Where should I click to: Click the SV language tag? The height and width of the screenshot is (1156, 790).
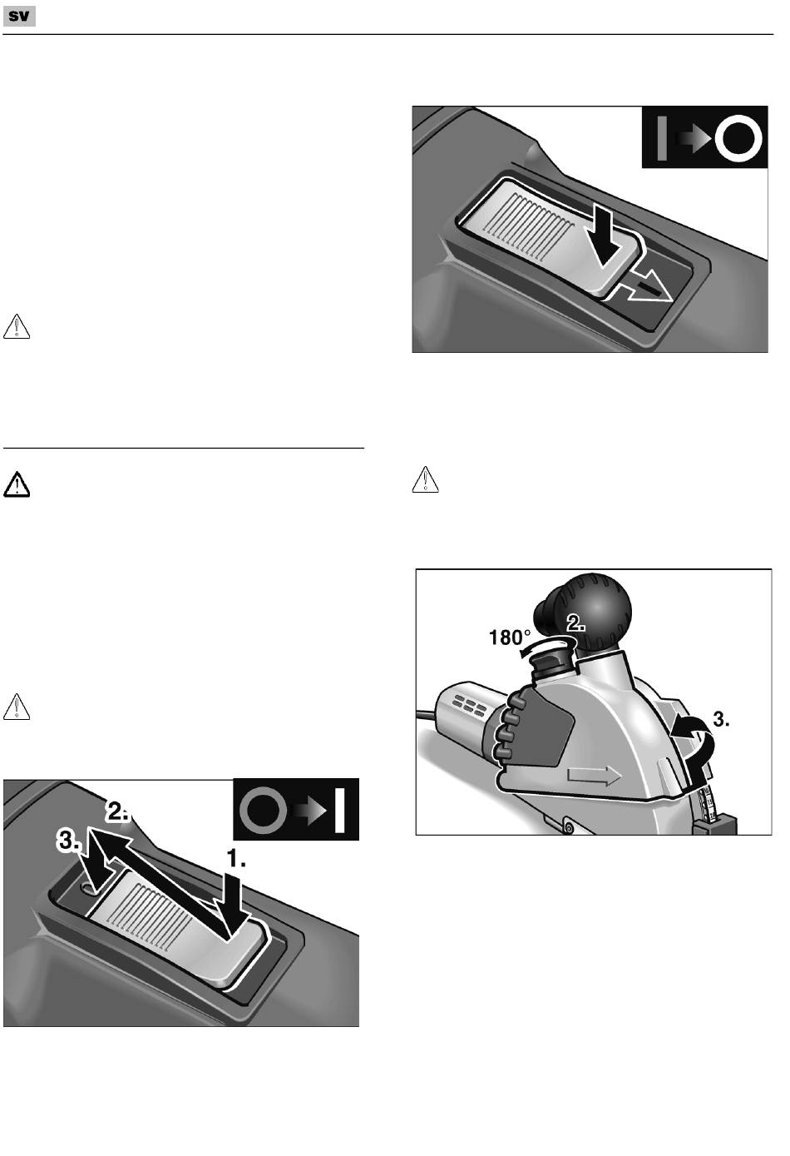pos(19,17)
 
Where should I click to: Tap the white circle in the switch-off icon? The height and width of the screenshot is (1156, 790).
pos(738,138)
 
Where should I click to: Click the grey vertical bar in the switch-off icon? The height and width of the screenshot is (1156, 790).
pos(662,138)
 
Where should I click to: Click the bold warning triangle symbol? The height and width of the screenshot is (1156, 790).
pos(17,484)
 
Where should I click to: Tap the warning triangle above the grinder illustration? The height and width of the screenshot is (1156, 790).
pos(426,479)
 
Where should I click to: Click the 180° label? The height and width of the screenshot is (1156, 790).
pos(510,638)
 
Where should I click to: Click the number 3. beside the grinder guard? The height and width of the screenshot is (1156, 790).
pos(722,719)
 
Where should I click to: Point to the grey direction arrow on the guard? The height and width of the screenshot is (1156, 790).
pos(594,776)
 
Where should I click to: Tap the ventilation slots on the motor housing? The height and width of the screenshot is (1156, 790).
pos(469,704)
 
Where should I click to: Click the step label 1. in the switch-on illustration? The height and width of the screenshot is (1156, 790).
pos(237,858)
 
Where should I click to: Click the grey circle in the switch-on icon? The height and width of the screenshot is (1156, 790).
pos(263,810)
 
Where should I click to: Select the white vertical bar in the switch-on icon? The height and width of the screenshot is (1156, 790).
pos(339,810)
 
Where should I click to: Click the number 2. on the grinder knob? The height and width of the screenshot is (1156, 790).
pos(576,623)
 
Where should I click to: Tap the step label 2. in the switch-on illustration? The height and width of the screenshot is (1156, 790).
pos(117,811)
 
